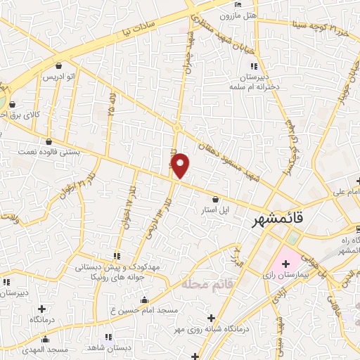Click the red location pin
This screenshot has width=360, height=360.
pyautogui.click(x=181, y=165)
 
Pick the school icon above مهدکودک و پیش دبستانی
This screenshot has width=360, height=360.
pyautogui.click(x=117, y=256)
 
